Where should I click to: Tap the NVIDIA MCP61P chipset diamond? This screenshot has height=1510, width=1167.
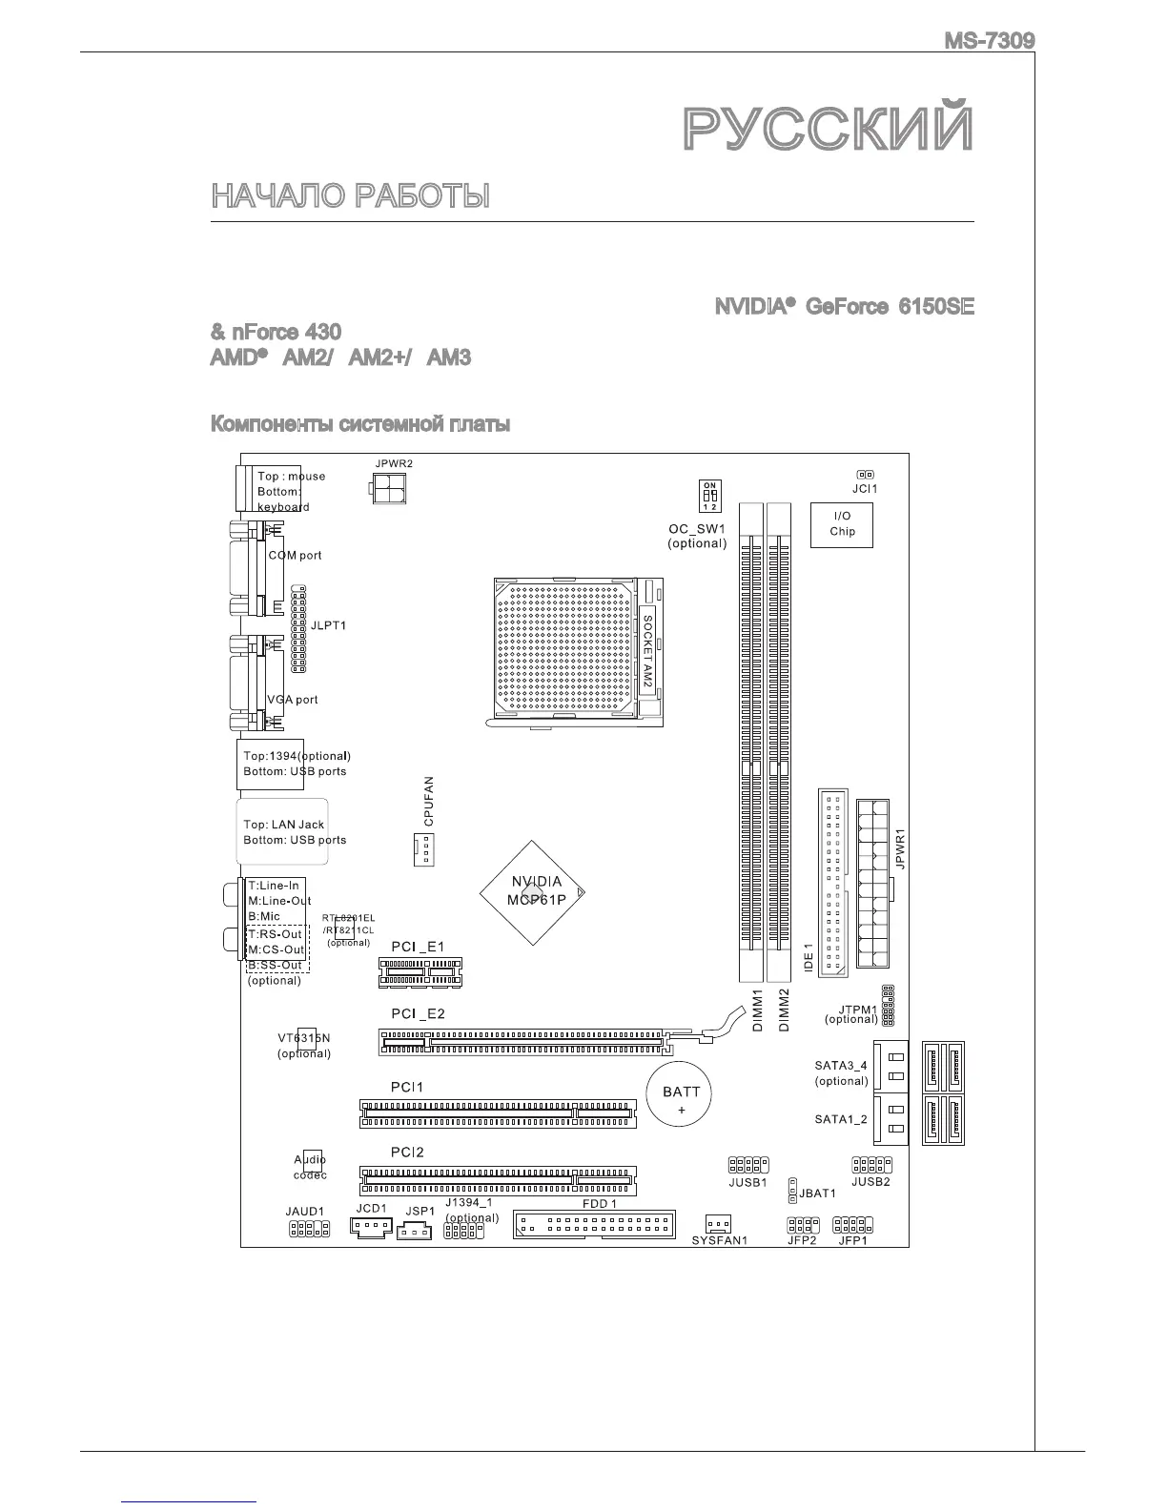click(532, 892)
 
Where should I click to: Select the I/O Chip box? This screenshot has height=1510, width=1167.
click(842, 524)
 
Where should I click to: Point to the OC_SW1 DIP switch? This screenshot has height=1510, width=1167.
click(710, 496)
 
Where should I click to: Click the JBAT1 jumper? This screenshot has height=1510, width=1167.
click(793, 1191)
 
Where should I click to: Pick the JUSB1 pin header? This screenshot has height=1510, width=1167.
click(748, 1165)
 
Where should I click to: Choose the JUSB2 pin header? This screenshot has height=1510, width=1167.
click(870, 1165)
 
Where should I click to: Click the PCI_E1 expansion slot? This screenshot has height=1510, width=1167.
click(420, 972)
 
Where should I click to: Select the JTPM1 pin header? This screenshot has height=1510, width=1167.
click(888, 1006)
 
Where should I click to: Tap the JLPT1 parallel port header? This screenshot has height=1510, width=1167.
click(298, 630)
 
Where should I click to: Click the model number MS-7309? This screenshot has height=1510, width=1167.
click(989, 41)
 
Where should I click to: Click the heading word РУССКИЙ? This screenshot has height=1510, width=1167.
click(829, 131)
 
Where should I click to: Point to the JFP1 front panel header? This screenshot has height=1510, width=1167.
click(853, 1224)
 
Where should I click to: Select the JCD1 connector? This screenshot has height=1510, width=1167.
click(371, 1229)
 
